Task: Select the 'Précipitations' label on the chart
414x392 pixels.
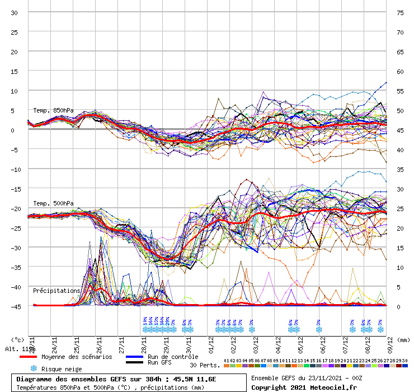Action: click(57, 291)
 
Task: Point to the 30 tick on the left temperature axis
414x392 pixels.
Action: click(15, 12)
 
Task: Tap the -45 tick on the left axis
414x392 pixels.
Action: click(15, 306)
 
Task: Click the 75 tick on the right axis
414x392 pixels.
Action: click(400, 12)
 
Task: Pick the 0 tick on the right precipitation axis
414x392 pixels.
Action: click(399, 306)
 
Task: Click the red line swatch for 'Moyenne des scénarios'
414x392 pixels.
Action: click(29, 357)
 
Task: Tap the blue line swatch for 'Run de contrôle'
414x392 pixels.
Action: click(135, 357)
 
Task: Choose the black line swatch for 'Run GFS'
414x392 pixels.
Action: click(135, 363)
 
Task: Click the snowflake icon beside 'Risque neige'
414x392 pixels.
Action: click(34, 368)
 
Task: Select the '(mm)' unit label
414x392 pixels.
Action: click(403, 339)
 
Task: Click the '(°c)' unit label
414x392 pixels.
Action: click(17, 339)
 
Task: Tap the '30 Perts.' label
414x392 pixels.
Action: click(204, 365)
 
